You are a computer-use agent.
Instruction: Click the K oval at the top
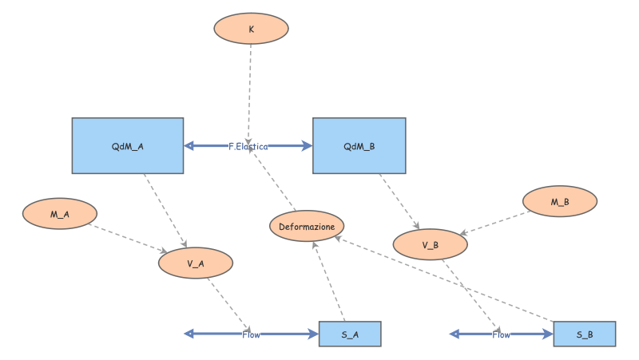click(251, 28)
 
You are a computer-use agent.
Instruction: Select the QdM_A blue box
click(128, 146)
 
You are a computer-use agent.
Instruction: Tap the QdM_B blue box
click(359, 146)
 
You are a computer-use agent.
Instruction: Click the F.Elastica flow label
click(248, 146)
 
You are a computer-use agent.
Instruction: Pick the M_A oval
click(60, 214)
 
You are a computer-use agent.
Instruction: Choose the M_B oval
click(560, 202)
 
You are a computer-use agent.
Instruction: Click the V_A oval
click(196, 263)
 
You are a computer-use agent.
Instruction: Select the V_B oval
click(431, 245)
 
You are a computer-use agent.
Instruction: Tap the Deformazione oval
click(307, 227)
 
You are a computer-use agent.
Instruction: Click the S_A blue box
click(350, 334)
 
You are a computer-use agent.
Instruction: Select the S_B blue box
click(585, 334)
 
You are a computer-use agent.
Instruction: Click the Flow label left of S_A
click(251, 334)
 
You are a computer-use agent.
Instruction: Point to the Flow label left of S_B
click(501, 334)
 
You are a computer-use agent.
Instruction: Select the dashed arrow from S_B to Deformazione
click(447, 279)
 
